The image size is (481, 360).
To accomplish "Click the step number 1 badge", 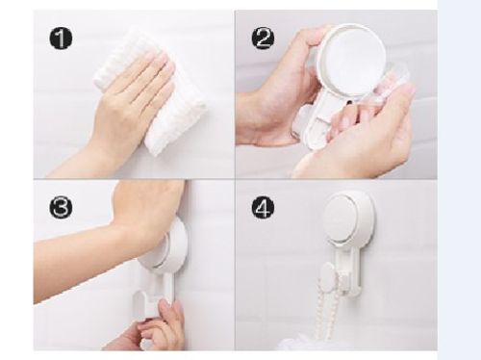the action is click(x=61, y=39).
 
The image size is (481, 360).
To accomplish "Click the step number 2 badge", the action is click(x=263, y=39).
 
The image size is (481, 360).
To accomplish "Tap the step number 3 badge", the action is click(x=61, y=207).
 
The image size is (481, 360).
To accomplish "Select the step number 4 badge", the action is click(x=263, y=208).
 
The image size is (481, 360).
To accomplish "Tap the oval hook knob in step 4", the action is click(x=329, y=275).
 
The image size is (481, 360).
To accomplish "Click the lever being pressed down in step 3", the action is click(x=147, y=307).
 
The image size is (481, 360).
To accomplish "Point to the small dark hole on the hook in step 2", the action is click(x=349, y=102).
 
